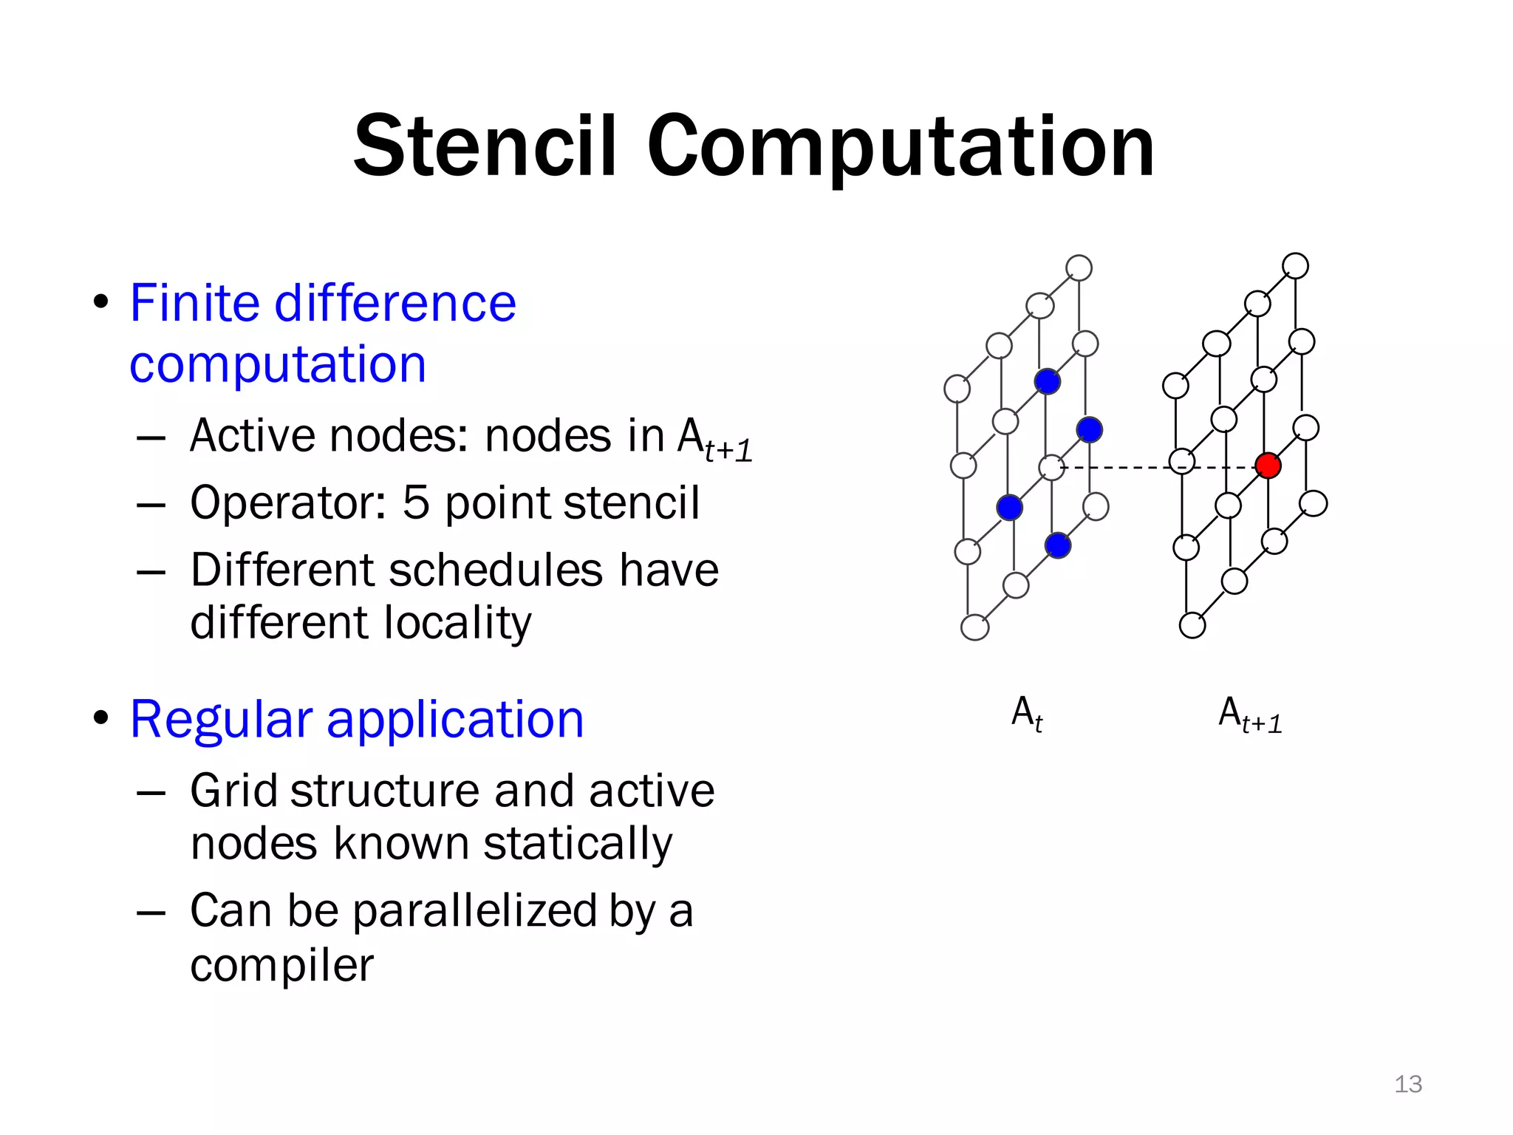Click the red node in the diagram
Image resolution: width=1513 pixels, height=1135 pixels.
pyautogui.click(x=1268, y=466)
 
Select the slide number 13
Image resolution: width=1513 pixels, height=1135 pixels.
pyautogui.click(x=1407, y=1084)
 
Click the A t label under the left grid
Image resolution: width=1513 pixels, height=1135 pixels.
pyautogui.click(x=1026, y=714)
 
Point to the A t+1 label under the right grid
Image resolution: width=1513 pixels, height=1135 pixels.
pyautogui.click(x=1249, y=715)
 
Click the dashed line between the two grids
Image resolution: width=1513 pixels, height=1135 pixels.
pyautogui.click(x=1116, y=468)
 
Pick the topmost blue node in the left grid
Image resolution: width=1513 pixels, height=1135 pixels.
pyautogui.click(x=1047, y=381)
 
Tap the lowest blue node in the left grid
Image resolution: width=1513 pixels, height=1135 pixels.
pyautogui.click(x=1057, y=545)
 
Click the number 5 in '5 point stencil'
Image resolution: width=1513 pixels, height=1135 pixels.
pyautogui.click(x=416, y=502)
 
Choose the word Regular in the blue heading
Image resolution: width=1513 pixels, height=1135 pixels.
pyautogui.click(x=221, y=719)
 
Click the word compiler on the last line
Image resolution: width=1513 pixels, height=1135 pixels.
pyautogui.click(x=281, y=965)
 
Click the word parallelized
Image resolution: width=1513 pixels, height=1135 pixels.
pyautogui.click(x=474, y=911)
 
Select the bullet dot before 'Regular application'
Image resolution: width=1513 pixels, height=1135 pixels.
pyautogui.click(x=101, y=718)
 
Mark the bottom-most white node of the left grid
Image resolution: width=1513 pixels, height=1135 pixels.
pyautogui.click(x=974, y=627)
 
